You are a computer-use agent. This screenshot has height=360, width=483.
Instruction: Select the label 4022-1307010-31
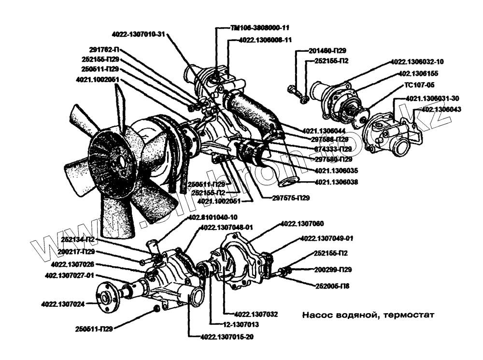138,34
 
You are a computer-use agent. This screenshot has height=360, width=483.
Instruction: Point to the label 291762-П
104,49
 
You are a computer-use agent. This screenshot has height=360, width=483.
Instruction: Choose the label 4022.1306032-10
417,62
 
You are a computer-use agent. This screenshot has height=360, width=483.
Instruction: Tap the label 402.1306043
442,109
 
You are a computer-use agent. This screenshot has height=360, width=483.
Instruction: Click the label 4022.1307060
302,224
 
